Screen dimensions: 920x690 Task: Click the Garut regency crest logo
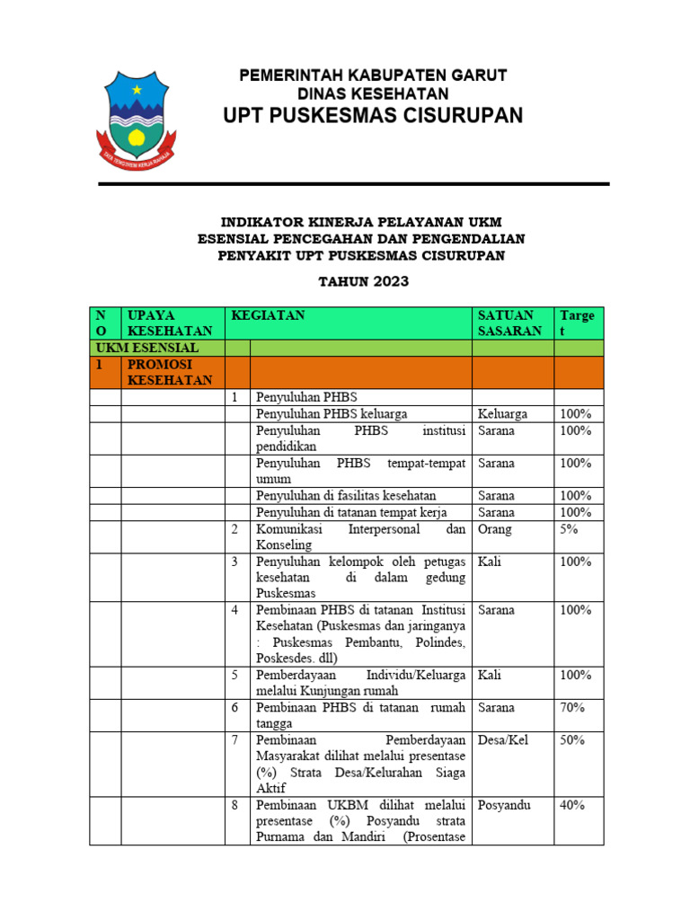point(137,115)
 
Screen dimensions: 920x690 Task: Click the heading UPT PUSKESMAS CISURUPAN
point(373,116)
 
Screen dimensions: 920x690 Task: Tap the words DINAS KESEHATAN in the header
point(373,93)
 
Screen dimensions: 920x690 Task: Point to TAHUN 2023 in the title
point(364,281)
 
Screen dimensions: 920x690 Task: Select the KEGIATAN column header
point(268,315)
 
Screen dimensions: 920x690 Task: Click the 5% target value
point(571,529)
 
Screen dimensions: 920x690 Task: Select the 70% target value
point(572,707)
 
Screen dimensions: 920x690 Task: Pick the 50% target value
point(572,739)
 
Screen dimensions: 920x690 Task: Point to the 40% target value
point(572,804)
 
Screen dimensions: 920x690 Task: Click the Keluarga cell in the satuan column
point(502,413)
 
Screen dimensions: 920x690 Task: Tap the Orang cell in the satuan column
point(495,529)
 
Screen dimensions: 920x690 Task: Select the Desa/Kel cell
point(505,739)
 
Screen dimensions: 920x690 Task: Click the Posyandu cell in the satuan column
point(504,804)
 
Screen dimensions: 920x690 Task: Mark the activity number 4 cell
point(235,610)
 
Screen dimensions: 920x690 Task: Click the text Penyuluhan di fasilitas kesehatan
point(346,495)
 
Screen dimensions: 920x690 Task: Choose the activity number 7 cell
point(235,739)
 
